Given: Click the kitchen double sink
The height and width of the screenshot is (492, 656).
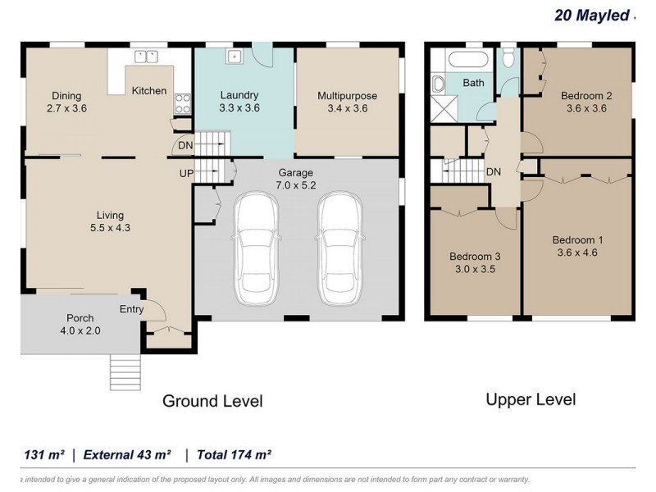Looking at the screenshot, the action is (x=146, y=57).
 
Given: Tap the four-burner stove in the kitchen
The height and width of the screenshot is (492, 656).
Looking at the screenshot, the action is (x=183, y=104).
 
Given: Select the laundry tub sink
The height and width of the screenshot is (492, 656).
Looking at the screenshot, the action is (x=235, y=56).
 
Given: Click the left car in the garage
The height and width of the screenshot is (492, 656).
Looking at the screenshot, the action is (x=256, y=248).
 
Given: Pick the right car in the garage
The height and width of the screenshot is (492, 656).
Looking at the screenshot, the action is (x=339, y=248).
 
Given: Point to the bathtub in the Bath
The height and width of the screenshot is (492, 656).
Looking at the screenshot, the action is (x=468, y=58).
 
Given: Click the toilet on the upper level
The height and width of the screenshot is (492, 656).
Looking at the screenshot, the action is (x=508, y=57).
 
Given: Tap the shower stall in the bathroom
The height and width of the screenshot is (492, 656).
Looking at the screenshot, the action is (x=444, y=109).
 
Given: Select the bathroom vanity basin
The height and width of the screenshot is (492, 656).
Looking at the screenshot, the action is (x=438, y=84).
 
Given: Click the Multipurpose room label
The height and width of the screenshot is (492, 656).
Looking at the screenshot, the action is (x=347, y=96).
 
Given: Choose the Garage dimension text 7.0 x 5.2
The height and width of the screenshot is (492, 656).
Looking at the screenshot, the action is (x=296, y=185).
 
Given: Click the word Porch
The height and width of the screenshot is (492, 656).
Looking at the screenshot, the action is (x=80, y=318).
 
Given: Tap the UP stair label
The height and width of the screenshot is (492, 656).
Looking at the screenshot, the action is (x=187, y=173).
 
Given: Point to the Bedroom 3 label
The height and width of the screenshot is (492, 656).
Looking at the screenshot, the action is (x=475, y=257).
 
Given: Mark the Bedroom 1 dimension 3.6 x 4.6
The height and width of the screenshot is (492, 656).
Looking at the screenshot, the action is (x=577, y=253).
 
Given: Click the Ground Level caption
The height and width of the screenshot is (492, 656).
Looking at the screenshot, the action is (x=212, y=401).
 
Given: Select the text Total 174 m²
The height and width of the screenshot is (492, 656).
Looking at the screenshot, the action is (x=235, y=455).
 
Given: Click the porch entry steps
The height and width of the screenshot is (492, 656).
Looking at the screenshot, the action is (x=125, y=372).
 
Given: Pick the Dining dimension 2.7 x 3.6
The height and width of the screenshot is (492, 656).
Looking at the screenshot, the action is (x=66, y=108).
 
